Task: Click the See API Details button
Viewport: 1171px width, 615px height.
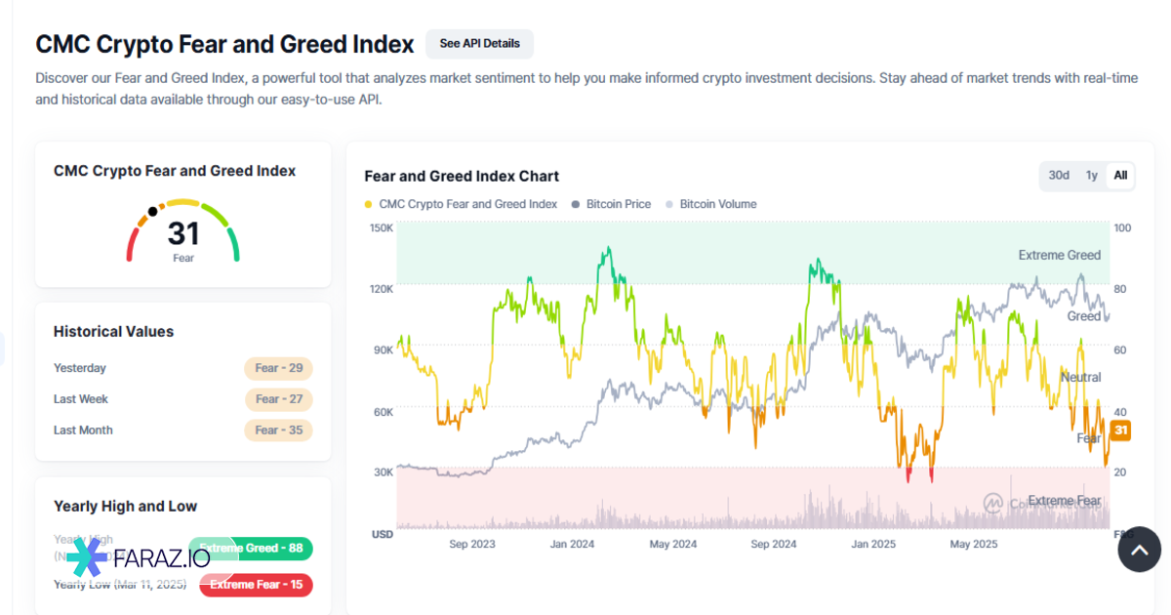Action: tap(479, 44)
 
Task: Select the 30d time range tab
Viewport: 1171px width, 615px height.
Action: tap(1059, 176)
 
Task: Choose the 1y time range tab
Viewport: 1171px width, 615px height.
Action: tap(1092, 176)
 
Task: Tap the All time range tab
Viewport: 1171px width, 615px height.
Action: tap(1120, 176)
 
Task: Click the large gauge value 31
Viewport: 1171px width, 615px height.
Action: tap(183, 233)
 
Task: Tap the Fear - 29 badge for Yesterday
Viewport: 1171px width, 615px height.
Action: tap(278, 368)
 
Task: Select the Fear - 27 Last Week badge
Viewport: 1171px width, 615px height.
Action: tap(278, 399)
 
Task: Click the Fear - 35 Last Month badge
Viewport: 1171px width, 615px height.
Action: tap(278, 430)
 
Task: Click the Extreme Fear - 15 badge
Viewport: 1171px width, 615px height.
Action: tap(256, 585)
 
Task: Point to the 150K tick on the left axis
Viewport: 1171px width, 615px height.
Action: tap(382, 228)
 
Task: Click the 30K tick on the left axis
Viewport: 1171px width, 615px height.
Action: tap(383, 472)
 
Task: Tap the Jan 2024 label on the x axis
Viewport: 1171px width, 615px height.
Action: tap(572, 544)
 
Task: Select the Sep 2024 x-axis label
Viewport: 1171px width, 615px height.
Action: tap(775, 544)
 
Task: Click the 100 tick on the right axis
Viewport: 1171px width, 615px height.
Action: tap(1121, 228)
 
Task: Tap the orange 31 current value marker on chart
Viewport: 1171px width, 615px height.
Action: tap(1121, 430)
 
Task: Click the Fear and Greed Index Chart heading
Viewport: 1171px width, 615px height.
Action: tap(462, 177)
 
